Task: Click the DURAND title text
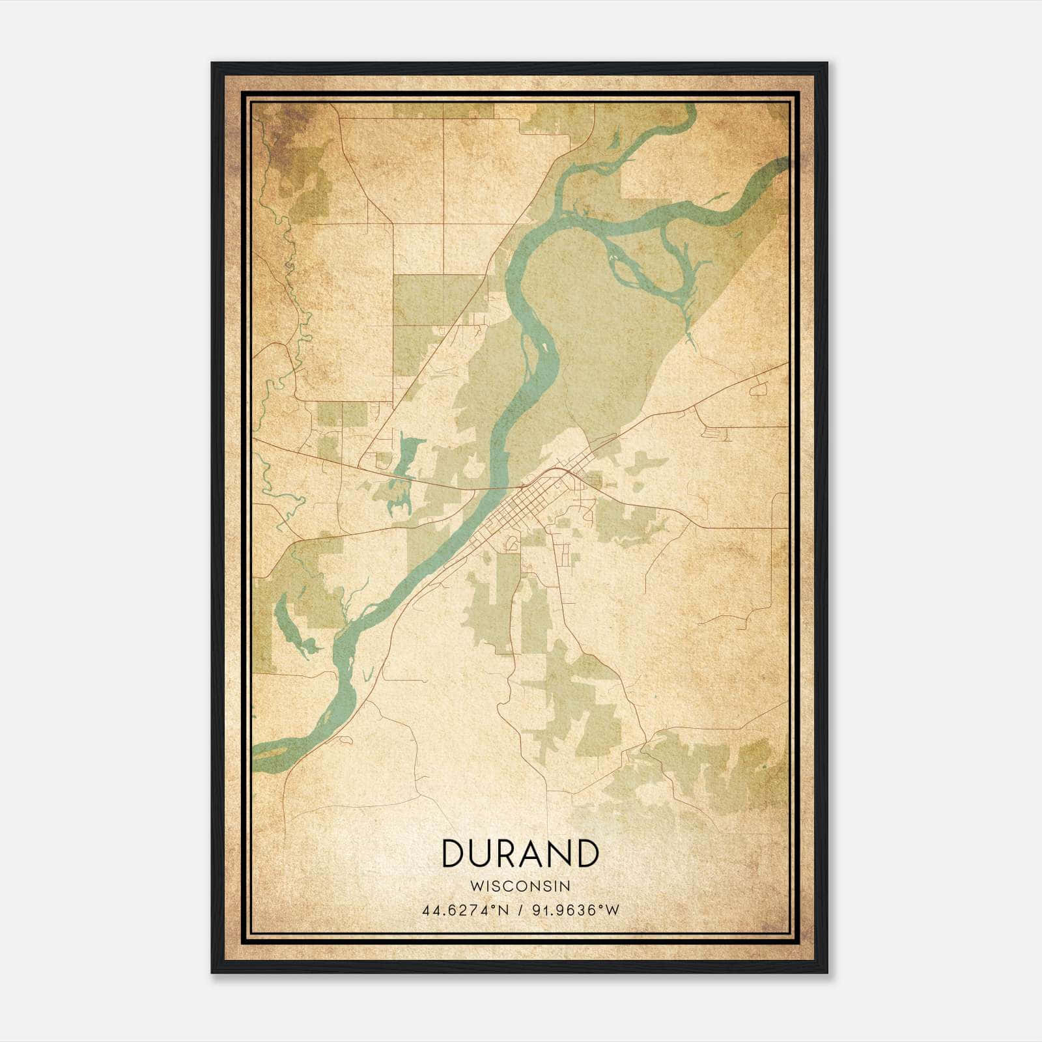click(520, 852)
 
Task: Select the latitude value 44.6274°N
click(465, 910)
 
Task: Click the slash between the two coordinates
click(520, 910)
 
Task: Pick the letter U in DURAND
click(485, 852)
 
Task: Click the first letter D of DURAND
click(453, 852)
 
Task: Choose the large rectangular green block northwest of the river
click(430, 300)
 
